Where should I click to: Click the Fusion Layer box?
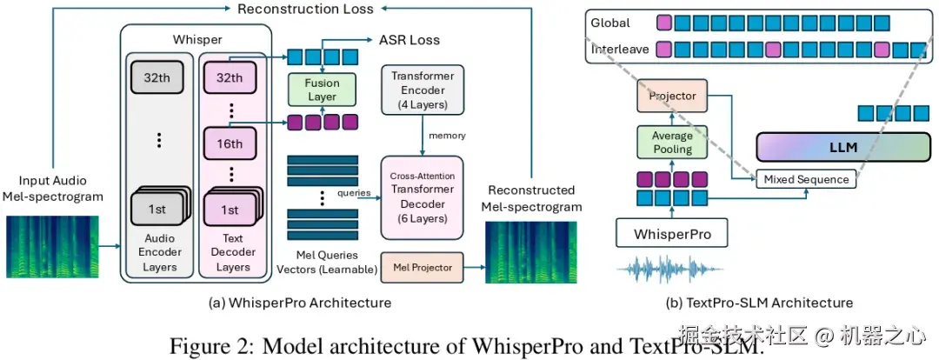point(322,90)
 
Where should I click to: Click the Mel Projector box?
point(422,268)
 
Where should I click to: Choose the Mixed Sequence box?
point(807,179)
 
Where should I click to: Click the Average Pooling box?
point(672,142)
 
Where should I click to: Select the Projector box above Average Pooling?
point(672,96)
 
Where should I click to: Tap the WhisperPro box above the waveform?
point(672,233)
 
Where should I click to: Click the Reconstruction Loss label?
point(305,9)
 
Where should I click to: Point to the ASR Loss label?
point(409,40)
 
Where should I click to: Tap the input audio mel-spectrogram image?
point(52,247)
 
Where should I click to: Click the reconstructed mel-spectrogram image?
point(531,251)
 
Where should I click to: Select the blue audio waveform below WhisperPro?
point(669,270)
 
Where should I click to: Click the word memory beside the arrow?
point(448,136)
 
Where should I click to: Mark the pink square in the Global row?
point(664,23)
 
